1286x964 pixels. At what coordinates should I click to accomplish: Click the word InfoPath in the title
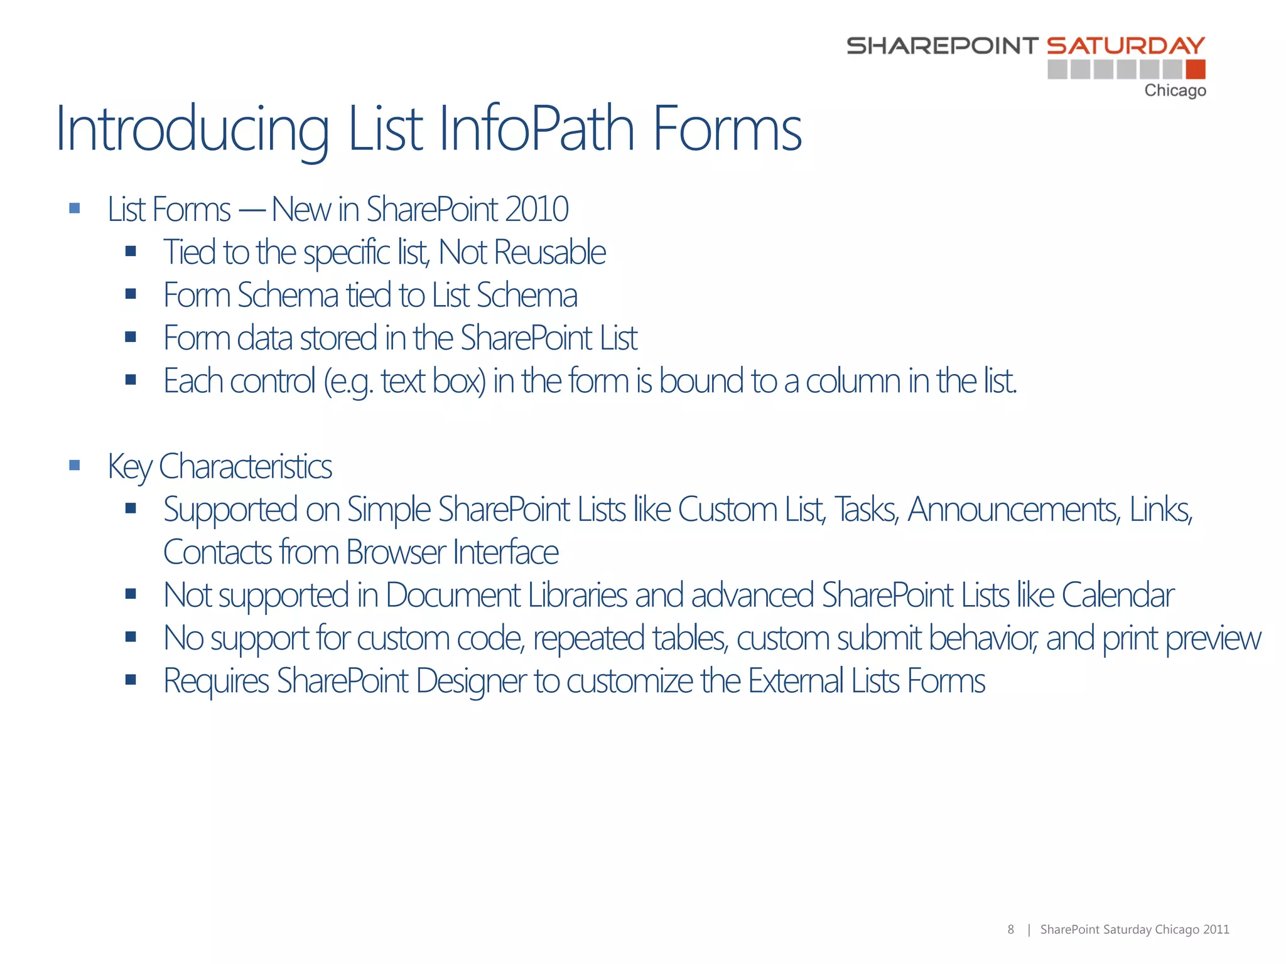(537, 129)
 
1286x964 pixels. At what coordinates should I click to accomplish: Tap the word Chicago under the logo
(1175, 91)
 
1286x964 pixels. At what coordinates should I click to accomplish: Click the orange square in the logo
(1196, 69)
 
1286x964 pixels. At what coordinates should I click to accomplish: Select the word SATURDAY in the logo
(1126, 46)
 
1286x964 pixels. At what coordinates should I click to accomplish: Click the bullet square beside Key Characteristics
(75, 465)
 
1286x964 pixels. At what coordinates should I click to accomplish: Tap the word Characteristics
(246, 467)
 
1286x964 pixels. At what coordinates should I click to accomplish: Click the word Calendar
(1118, 595)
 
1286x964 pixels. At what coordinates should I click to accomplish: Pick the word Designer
(471, 681)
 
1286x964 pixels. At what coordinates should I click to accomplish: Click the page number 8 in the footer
(1010, 929)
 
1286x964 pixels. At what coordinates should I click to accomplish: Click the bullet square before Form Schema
(131, 294)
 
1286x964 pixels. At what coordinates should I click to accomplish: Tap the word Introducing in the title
(192, 129)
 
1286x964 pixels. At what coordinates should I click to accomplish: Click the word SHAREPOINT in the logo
(942, 46)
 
